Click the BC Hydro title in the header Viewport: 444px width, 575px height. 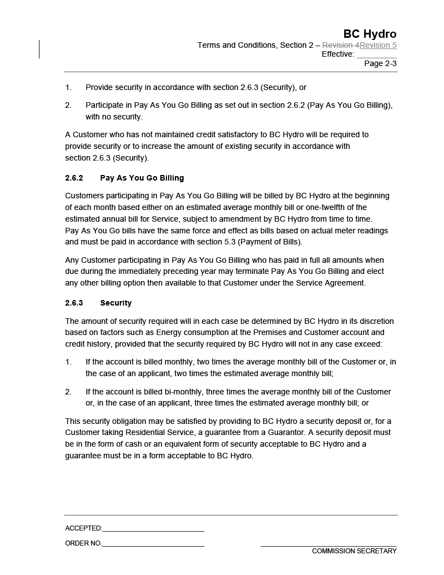coord(370,34)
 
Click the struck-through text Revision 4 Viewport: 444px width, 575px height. coord(341,45)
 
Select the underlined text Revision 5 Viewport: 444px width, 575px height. coord(379,45)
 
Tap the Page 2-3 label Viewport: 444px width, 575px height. coord(380,63)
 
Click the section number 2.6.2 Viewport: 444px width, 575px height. coord(74,178)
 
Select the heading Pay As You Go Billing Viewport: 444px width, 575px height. coord(142,178)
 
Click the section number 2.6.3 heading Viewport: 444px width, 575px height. coord(74,303)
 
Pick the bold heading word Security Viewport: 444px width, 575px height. coord(116,303)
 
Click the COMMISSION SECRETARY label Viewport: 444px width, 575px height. coord(354,551)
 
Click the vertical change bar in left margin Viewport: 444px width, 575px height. coord(39,49)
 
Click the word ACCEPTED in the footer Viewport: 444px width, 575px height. coord(83,528)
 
